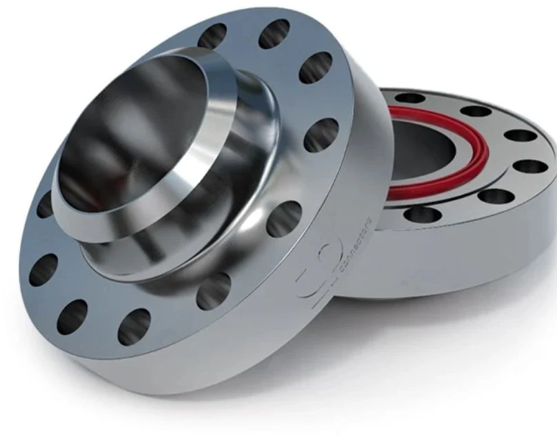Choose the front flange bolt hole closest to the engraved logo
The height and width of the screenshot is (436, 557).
[214, 290]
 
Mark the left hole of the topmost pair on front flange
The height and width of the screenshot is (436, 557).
[212, 36]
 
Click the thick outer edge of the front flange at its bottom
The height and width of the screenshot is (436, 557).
[193, 373]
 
